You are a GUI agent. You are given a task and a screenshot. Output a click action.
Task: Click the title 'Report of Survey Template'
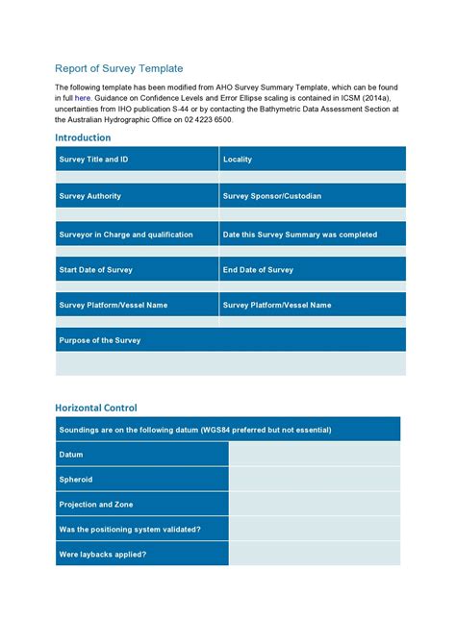point(118,68)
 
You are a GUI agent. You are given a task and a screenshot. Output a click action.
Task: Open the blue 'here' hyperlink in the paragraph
point(84,98)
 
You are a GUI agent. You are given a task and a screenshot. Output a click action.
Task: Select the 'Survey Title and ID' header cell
point(93,160)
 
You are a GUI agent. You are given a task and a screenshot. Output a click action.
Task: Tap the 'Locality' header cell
point(238,160)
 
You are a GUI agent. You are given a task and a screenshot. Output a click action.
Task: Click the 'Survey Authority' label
point(90,196)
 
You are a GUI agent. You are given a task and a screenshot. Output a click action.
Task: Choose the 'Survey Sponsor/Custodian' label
point(272,196)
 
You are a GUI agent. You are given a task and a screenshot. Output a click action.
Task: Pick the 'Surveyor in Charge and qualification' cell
point(126,235)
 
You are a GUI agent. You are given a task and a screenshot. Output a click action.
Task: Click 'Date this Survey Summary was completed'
point(300,235)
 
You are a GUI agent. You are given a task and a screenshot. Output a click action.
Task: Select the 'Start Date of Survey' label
point(97,270)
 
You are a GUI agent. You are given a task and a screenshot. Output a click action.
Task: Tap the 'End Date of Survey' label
point(258,270)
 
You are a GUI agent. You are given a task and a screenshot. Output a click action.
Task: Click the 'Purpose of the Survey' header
point(100,340)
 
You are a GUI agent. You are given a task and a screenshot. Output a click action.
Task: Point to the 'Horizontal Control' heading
point(96,408)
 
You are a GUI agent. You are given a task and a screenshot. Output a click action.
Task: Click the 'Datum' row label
point(71,455)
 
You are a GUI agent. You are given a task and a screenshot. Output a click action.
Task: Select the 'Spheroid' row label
point(76,480)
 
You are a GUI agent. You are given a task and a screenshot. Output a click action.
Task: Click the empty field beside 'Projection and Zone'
point(315,505)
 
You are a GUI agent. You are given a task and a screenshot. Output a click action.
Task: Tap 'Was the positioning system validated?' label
point(130,530)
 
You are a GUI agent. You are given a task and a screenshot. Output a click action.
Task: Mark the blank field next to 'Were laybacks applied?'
point(315,555)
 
